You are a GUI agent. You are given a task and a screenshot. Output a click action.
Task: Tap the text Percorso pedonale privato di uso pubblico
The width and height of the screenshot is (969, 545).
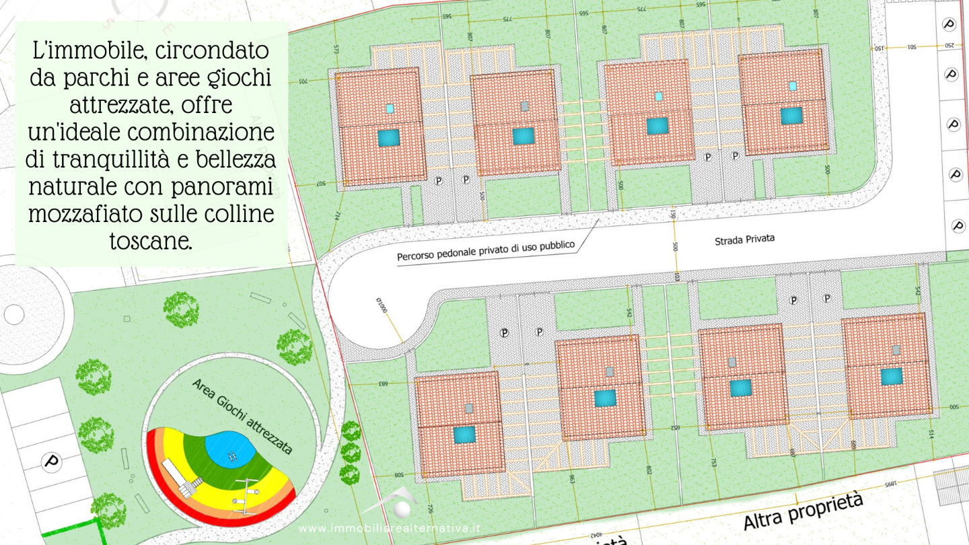pos(486,252)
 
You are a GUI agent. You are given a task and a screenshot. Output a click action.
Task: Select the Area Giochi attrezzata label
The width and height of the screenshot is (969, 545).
pos(242,416)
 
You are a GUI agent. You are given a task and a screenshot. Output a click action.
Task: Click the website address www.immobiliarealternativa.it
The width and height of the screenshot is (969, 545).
pos(390,529)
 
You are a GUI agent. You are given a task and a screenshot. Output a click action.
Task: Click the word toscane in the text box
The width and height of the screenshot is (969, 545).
pos(151,241)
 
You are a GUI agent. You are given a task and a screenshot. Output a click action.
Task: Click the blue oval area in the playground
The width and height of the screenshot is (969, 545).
pos(229,449)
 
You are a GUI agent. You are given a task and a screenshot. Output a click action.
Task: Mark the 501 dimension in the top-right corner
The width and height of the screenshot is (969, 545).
pos(912,46)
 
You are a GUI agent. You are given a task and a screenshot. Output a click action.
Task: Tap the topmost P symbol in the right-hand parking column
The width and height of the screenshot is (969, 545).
pos(949,25)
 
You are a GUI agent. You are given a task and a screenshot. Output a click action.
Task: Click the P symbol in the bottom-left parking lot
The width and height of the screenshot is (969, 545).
pos(50,462)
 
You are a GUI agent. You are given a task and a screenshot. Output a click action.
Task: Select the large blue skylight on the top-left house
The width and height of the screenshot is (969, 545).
pos(388,138)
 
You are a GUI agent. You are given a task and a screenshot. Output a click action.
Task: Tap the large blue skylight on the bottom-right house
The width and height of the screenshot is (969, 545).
pos(892,376)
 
